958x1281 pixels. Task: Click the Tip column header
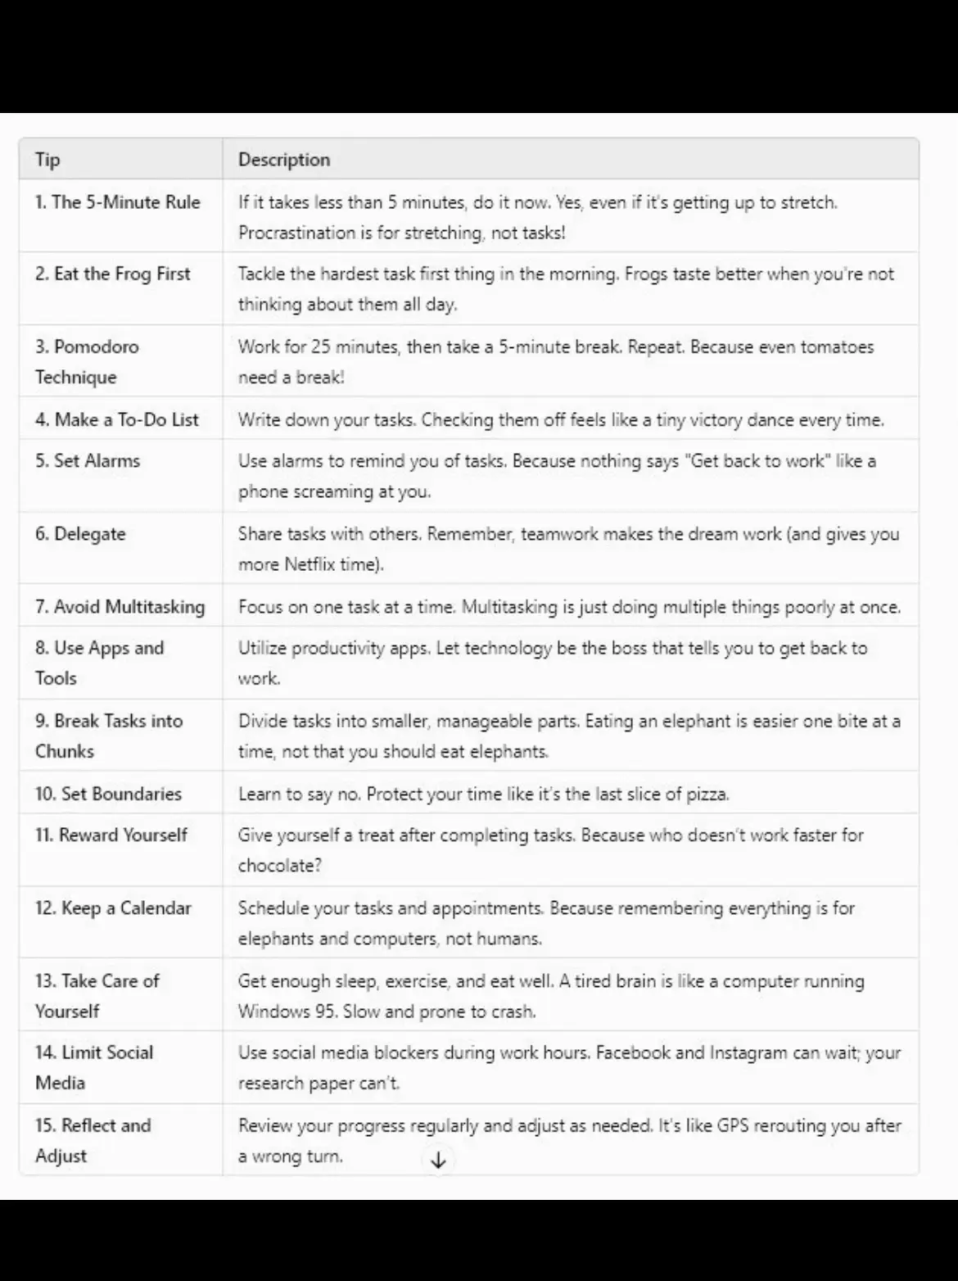(x=47, y=160)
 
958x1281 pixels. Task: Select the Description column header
(x=284, y=160)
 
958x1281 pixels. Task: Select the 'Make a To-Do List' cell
(x=116, y=419)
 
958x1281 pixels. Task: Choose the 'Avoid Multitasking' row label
(x=120, y=607)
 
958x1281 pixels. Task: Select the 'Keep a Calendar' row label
(x=113, y=908)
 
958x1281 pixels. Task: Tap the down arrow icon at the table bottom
(x=438, y=1160)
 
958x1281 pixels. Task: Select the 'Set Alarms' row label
(x=88, y=461)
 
